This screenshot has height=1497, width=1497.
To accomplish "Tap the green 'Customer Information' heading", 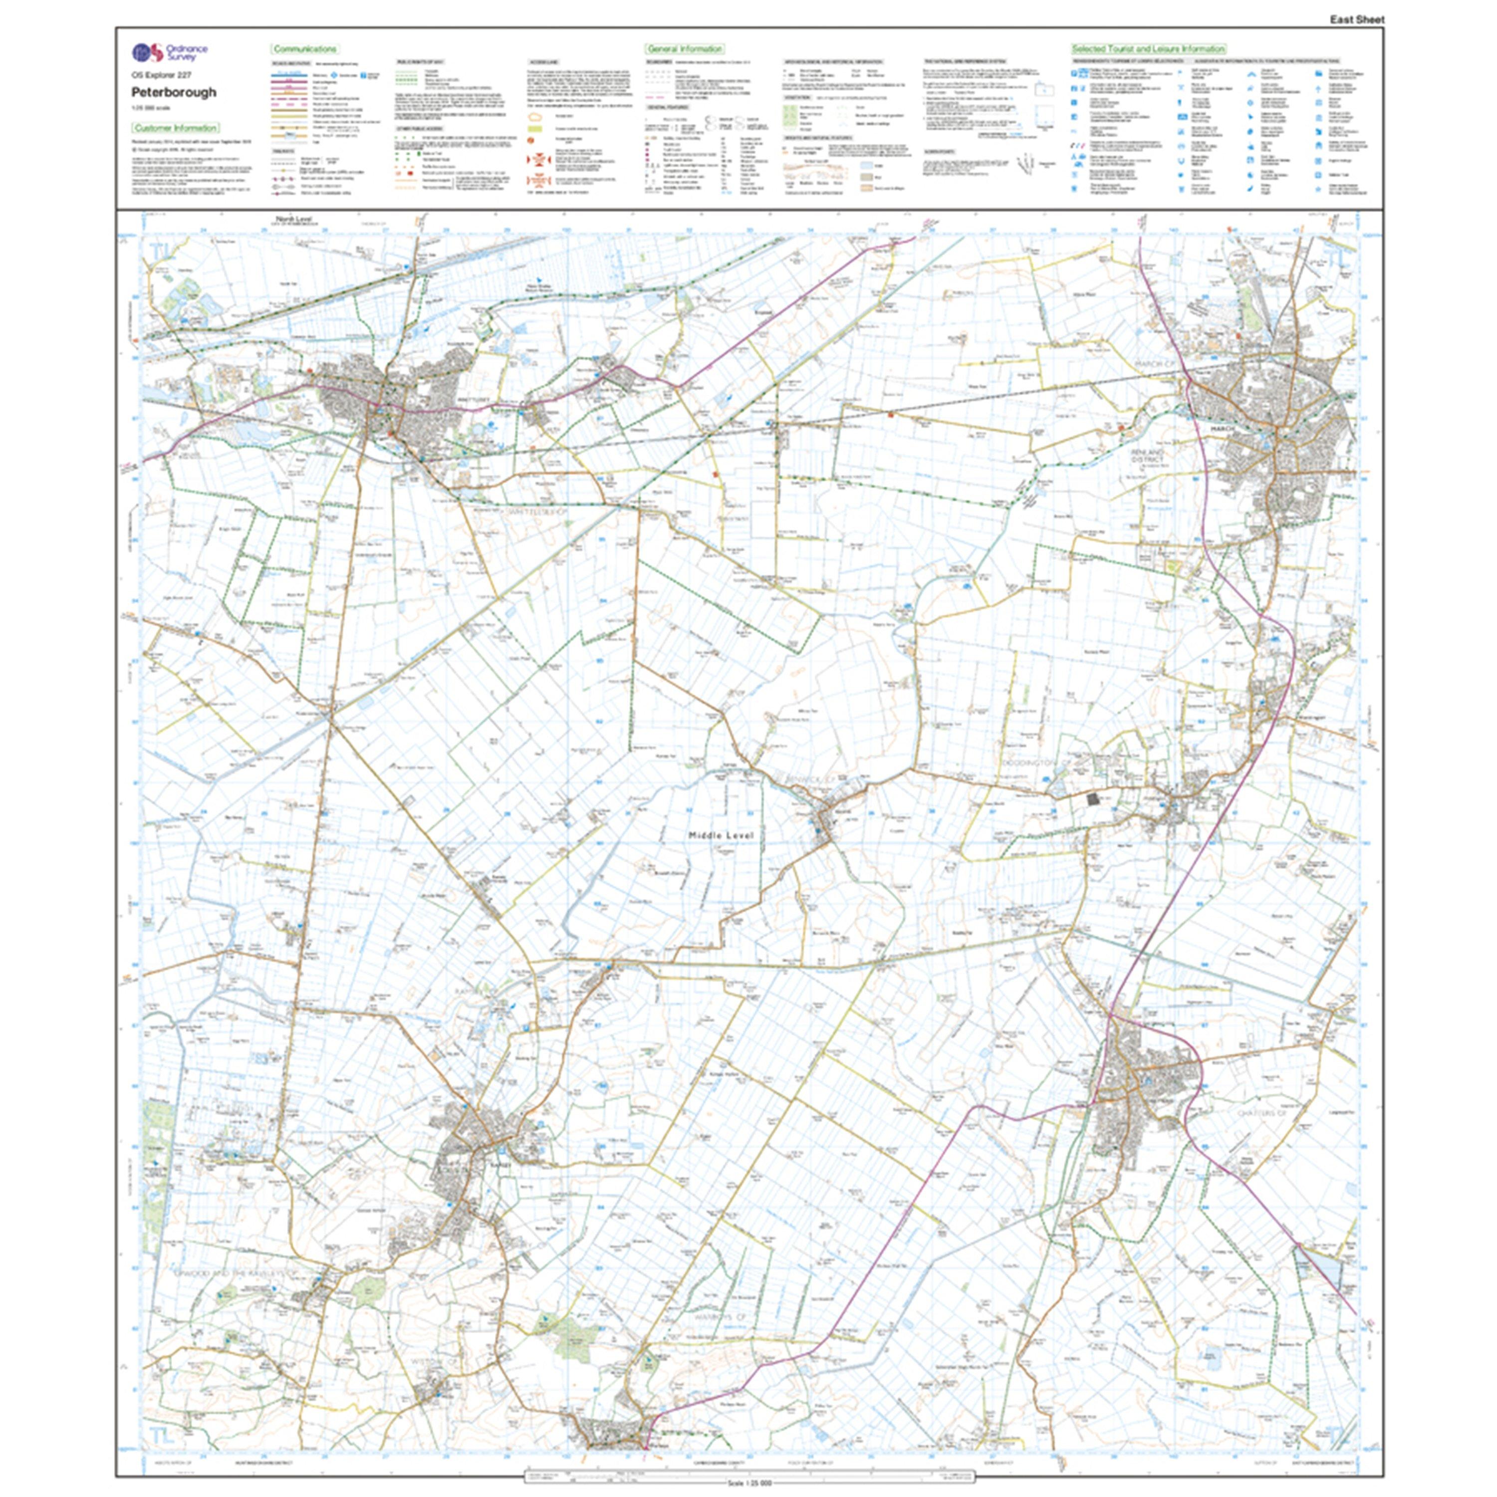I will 175,128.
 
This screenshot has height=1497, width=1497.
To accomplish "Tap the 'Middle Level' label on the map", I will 721,835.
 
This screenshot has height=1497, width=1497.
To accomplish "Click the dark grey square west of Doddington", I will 1093,799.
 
